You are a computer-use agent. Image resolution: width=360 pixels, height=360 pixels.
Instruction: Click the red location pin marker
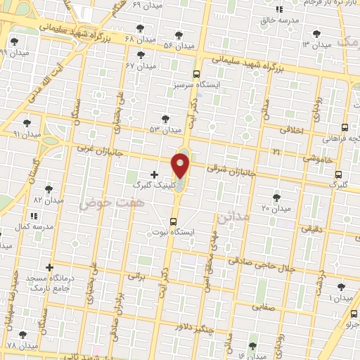181,167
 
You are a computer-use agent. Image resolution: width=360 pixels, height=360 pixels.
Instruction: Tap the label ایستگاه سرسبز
196,84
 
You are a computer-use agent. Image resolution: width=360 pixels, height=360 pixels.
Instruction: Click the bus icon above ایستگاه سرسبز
196,73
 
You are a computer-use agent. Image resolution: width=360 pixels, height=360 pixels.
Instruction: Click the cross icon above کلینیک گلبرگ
154,174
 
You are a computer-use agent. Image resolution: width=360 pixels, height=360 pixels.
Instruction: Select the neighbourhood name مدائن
233,217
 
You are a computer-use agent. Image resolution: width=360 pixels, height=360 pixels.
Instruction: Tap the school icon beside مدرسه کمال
34,216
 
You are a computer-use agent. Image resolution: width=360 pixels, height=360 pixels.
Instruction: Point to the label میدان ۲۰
276,209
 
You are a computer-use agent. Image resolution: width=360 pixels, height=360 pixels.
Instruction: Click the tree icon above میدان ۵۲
165,119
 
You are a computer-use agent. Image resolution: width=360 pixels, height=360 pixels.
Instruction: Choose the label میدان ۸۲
49,200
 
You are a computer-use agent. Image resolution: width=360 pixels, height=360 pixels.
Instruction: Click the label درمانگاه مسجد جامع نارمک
49,285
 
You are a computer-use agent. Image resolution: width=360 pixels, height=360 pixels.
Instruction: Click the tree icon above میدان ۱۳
316,34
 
